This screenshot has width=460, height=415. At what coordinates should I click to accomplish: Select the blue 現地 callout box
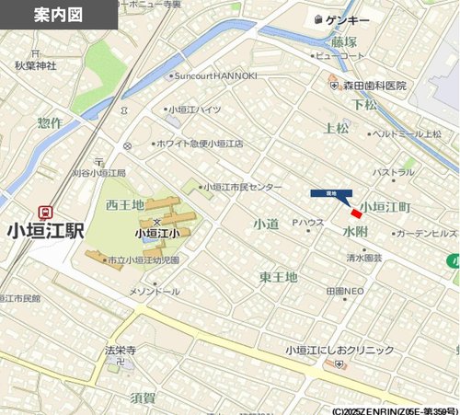(325, 193)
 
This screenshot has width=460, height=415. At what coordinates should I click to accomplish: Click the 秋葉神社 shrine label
(35, 65)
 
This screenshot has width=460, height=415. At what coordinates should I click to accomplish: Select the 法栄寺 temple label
(121, 350)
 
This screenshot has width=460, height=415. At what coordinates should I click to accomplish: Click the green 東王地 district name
(277, 276)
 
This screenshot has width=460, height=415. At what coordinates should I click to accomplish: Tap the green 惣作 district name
(51, 122)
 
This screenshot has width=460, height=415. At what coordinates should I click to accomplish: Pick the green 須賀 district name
(143, 398)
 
